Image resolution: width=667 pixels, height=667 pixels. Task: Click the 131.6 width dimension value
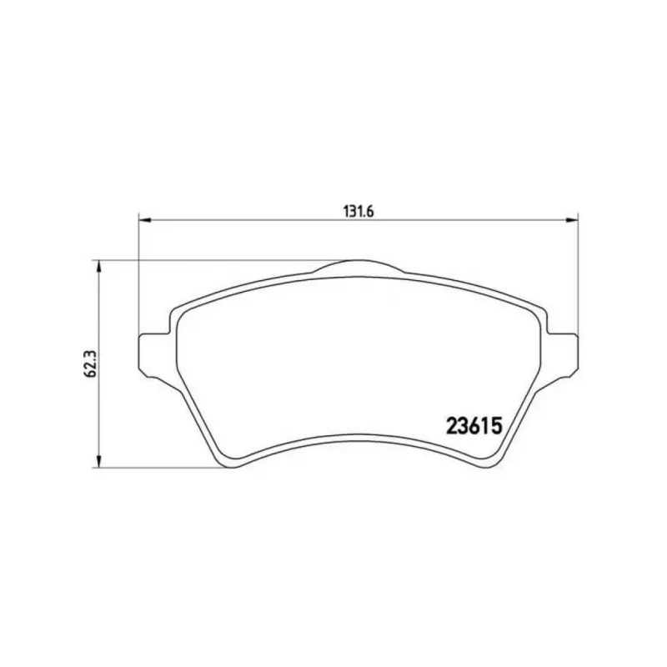click(358, 212)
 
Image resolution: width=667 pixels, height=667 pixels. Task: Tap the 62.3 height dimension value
click(90, 364)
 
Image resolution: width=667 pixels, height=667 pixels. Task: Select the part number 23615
click(474, 425)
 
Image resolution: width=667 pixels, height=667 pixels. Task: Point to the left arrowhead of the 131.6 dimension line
click(145, 220)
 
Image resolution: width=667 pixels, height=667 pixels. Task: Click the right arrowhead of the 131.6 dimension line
click(572, 220)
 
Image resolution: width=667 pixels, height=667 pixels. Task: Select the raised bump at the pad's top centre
click(359, 266)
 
